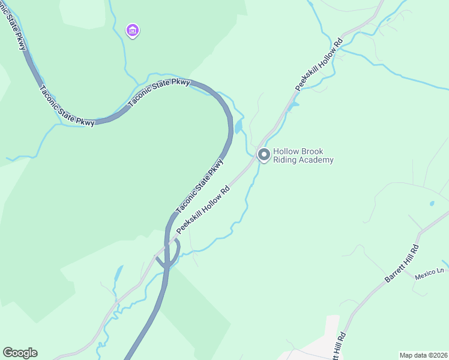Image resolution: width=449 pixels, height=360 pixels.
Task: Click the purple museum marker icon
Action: (x=133, y=30)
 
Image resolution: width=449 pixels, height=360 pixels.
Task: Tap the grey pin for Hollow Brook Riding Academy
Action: (x=264, y=154)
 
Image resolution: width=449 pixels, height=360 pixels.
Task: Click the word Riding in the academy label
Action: (x=285, y=160)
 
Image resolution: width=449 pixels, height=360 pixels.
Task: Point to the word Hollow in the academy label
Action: (x=285, y=152)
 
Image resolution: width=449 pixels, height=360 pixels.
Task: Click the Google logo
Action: (x=20, y=353)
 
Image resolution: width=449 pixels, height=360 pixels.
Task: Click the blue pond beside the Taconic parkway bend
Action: (x=239, y=127)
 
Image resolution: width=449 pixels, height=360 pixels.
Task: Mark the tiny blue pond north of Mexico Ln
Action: (x=432, y=203)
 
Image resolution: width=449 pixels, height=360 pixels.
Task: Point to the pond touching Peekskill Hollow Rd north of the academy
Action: (x=293, y=107)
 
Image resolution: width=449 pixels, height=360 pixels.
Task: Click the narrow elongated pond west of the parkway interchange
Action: (x=118, y=275)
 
